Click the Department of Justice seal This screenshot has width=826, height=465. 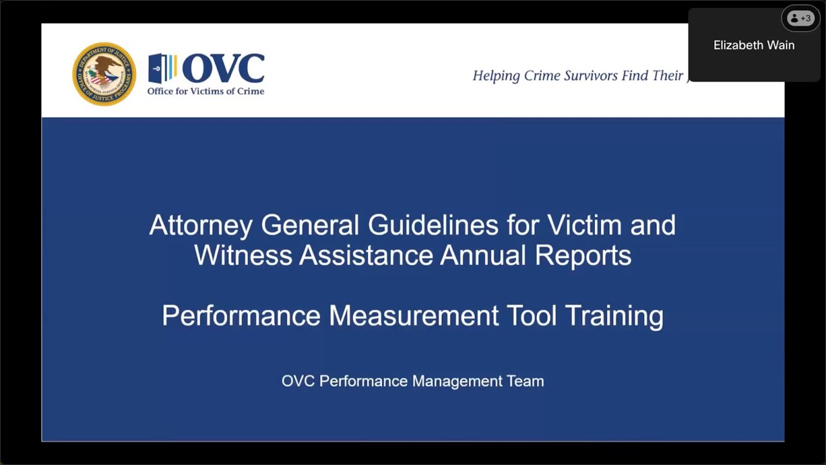[x=104, y=74]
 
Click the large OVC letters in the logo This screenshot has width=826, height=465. [x=223, y=68]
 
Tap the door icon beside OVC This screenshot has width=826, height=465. [x=162, y=68]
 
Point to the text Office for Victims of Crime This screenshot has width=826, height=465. [x=205, y=91]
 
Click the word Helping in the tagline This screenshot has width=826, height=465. [x=496, y=76]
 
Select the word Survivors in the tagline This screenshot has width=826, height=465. [x=592, y=76]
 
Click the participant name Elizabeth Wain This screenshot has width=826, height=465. [x=754, y=45]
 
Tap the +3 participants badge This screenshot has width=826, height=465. [x=800, y=19]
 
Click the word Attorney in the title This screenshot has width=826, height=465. [x=201, y=225]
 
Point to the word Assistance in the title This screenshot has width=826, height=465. [x=365, y=255]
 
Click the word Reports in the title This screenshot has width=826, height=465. [x=583, y=255]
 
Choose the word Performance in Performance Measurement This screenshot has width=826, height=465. [x=241, y=316]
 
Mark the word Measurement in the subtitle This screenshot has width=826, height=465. [x=414, y=316]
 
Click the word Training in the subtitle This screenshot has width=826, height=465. [x=614, y=316]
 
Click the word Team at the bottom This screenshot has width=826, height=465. [x=525, y=381]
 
